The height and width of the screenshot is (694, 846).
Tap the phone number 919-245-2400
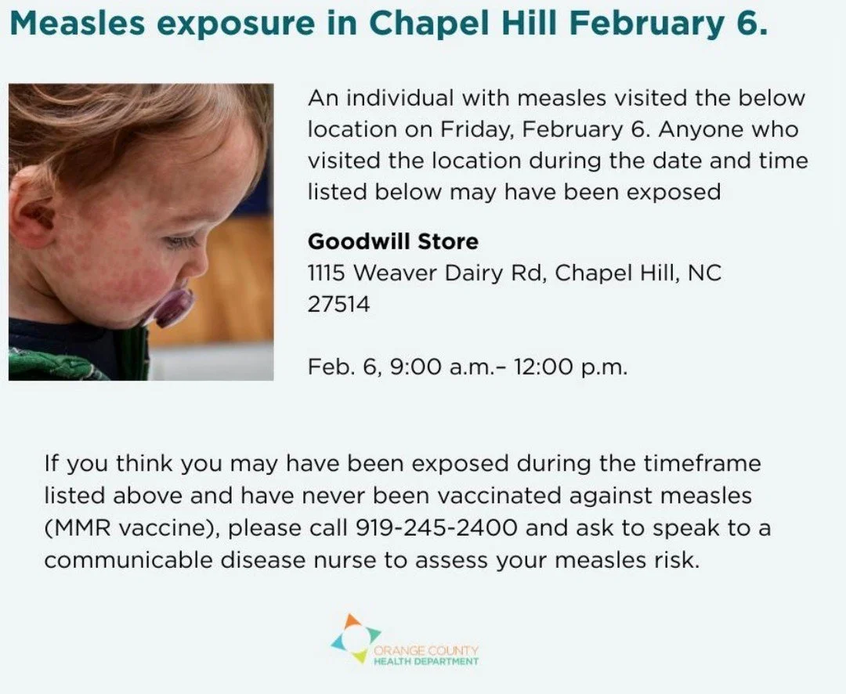(436, 527)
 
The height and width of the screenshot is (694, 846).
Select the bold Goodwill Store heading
(392, 240)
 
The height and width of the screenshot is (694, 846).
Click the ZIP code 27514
(338, 305)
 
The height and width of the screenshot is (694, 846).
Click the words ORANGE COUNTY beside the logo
(426, 651)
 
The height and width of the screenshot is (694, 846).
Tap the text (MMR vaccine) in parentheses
(132, 528)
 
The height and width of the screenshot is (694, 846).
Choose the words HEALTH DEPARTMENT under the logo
(426, 662)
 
